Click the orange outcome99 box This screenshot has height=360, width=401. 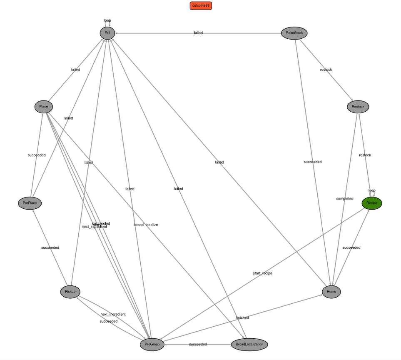point(202,5)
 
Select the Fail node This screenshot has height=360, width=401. point(107,33)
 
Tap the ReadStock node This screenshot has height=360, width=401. point(294,33)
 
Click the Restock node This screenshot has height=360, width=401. point(358,107)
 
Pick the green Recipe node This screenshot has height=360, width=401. point(371,203)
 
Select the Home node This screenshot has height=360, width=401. point(331,292)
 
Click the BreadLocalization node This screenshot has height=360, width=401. point(249,345)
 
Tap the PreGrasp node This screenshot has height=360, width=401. point(152,345)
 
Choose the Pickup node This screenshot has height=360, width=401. point(70,292)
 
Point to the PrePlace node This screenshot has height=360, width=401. point(30,203)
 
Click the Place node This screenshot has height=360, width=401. point(44,107)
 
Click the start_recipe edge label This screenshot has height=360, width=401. point(262,273)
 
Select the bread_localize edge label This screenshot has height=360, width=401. point(146,225)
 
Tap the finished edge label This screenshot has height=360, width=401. point(242,318)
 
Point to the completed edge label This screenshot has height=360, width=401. point(344,199)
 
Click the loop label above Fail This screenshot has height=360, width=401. point(107,20)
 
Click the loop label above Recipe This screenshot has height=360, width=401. point(372,190)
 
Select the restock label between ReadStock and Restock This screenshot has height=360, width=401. point(326,70)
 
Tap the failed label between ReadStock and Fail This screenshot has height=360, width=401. point(198,33)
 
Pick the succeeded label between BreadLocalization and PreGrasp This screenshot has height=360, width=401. point(198,345)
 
